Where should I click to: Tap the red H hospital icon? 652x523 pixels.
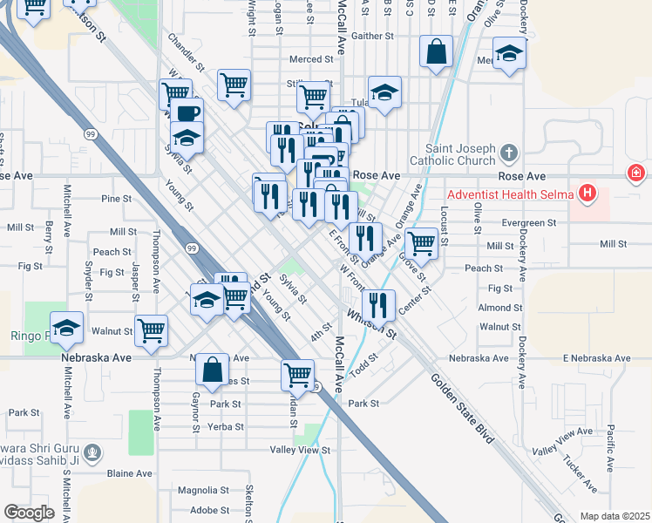(x=589, y=193)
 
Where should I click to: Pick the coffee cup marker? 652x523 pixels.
(x=187, y=113)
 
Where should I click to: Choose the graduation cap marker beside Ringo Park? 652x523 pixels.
(x=66, y=328)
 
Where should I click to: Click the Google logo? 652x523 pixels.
(x=29, y=513)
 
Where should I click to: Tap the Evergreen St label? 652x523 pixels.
(x=528, y=223)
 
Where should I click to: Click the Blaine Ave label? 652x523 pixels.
(x=131, y=473)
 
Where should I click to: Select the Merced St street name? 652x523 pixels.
(x=311, y=60)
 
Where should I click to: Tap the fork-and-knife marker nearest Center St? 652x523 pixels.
(x=377, y=305)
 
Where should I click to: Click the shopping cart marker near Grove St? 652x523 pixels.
(x=421, y=243)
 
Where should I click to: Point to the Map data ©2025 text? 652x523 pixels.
(x=615, y=516)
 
